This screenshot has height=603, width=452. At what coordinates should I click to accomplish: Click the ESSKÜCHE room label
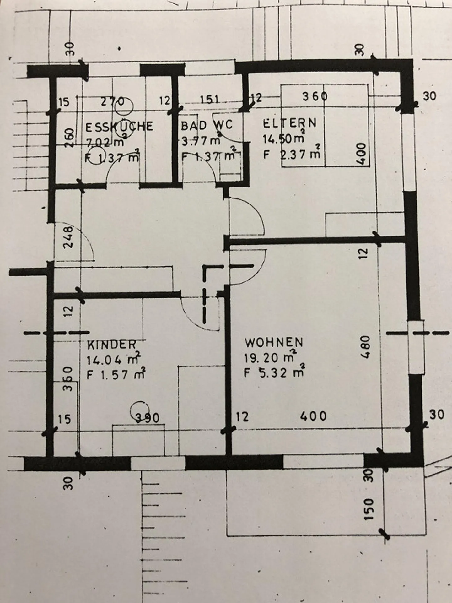pyautogui.click(x=119, y=126)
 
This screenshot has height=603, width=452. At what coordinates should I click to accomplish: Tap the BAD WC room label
pyautogui.click(x=207, y=125)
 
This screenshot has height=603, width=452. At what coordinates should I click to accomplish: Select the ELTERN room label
pyautogui.click(x=289, y=123)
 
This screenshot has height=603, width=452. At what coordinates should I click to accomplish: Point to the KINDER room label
pyautogui.click(x=112, y=345)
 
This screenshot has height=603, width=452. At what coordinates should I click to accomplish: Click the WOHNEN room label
pyautogui.click(x=274, y=342)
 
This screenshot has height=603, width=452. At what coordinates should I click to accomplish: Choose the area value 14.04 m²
pyautogui.click(x=113, y=359)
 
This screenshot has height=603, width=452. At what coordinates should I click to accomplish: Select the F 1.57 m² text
pyautogui.click(x=116, y=375)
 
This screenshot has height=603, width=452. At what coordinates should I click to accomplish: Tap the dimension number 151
pyautogui.click(x=210, y=100)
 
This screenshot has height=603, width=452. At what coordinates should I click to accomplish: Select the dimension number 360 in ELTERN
pyautogui.click(x=315, y=96)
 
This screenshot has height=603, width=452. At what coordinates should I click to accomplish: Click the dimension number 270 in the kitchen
pyautogui.click(x=111, y=101)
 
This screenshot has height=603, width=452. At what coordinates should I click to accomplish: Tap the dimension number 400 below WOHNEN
pyautogui.click(x=313, y=416)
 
